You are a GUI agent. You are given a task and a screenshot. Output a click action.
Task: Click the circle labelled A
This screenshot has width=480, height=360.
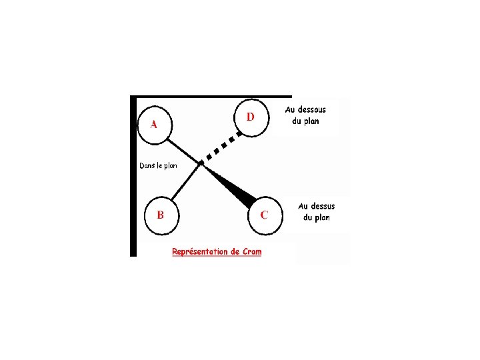(x=154, y=125)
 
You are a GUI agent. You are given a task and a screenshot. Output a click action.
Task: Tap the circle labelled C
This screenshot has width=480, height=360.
(x=265, y=215)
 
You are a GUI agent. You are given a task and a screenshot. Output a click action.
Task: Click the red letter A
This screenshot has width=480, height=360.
(x=154, y=125)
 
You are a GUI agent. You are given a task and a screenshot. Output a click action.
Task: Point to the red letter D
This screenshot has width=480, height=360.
(x=251, y=117)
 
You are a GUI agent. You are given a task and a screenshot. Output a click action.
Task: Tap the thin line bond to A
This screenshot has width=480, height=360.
(x=183, y=150)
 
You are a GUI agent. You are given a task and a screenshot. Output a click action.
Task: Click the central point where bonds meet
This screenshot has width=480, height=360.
(x=201, y=163)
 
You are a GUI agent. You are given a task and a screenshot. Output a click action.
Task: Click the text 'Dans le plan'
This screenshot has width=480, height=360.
(x=158, y=166)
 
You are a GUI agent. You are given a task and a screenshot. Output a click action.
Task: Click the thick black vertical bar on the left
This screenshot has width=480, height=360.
(x=133, y=177)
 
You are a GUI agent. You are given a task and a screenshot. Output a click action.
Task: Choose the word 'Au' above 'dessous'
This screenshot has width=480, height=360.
(x=291, y=109)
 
